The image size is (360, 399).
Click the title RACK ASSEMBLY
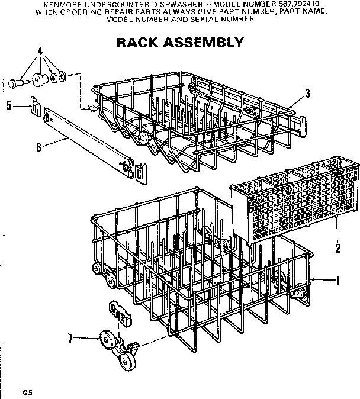[x=179, y=42]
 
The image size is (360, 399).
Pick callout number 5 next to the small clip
[x=9, y=106]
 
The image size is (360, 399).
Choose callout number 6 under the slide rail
[x=39, y=147]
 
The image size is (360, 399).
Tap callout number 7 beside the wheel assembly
[x=70, y=339]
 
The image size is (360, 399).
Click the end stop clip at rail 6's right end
[x=137, y=172]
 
